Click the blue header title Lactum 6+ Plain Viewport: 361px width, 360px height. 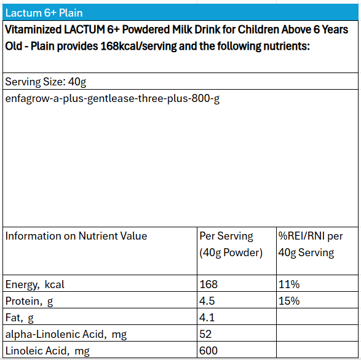coord(44,13)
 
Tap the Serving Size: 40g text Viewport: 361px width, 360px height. coord(46,82)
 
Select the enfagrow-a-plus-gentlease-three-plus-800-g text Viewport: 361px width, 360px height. coord(113,99)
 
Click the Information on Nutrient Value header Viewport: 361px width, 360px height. coord(76,236)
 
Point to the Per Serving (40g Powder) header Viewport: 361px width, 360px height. coord(231,245)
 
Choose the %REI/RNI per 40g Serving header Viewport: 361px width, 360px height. coord(311,245)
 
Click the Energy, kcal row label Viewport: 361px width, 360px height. coord(35,285)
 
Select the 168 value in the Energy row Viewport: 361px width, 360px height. coord(208,284)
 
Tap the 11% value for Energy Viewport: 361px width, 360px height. coord(289,284)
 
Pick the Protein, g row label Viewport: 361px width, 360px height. coord(30,302)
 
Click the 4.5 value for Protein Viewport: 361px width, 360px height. coord(207,301)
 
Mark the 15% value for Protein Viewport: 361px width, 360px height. coord(289,301)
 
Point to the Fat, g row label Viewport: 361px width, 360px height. coord(19,318)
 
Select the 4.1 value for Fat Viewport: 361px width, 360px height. coord(207,318)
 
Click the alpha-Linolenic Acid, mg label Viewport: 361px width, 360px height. coord(66,334)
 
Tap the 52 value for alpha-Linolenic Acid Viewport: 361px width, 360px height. coord(205,334)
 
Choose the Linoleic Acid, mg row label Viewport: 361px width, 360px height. coord(47,351)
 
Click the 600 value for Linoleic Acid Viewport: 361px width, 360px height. coord(208,351)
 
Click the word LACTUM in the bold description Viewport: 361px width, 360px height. coord(84,29)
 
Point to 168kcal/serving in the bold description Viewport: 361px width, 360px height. coord(138,46)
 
